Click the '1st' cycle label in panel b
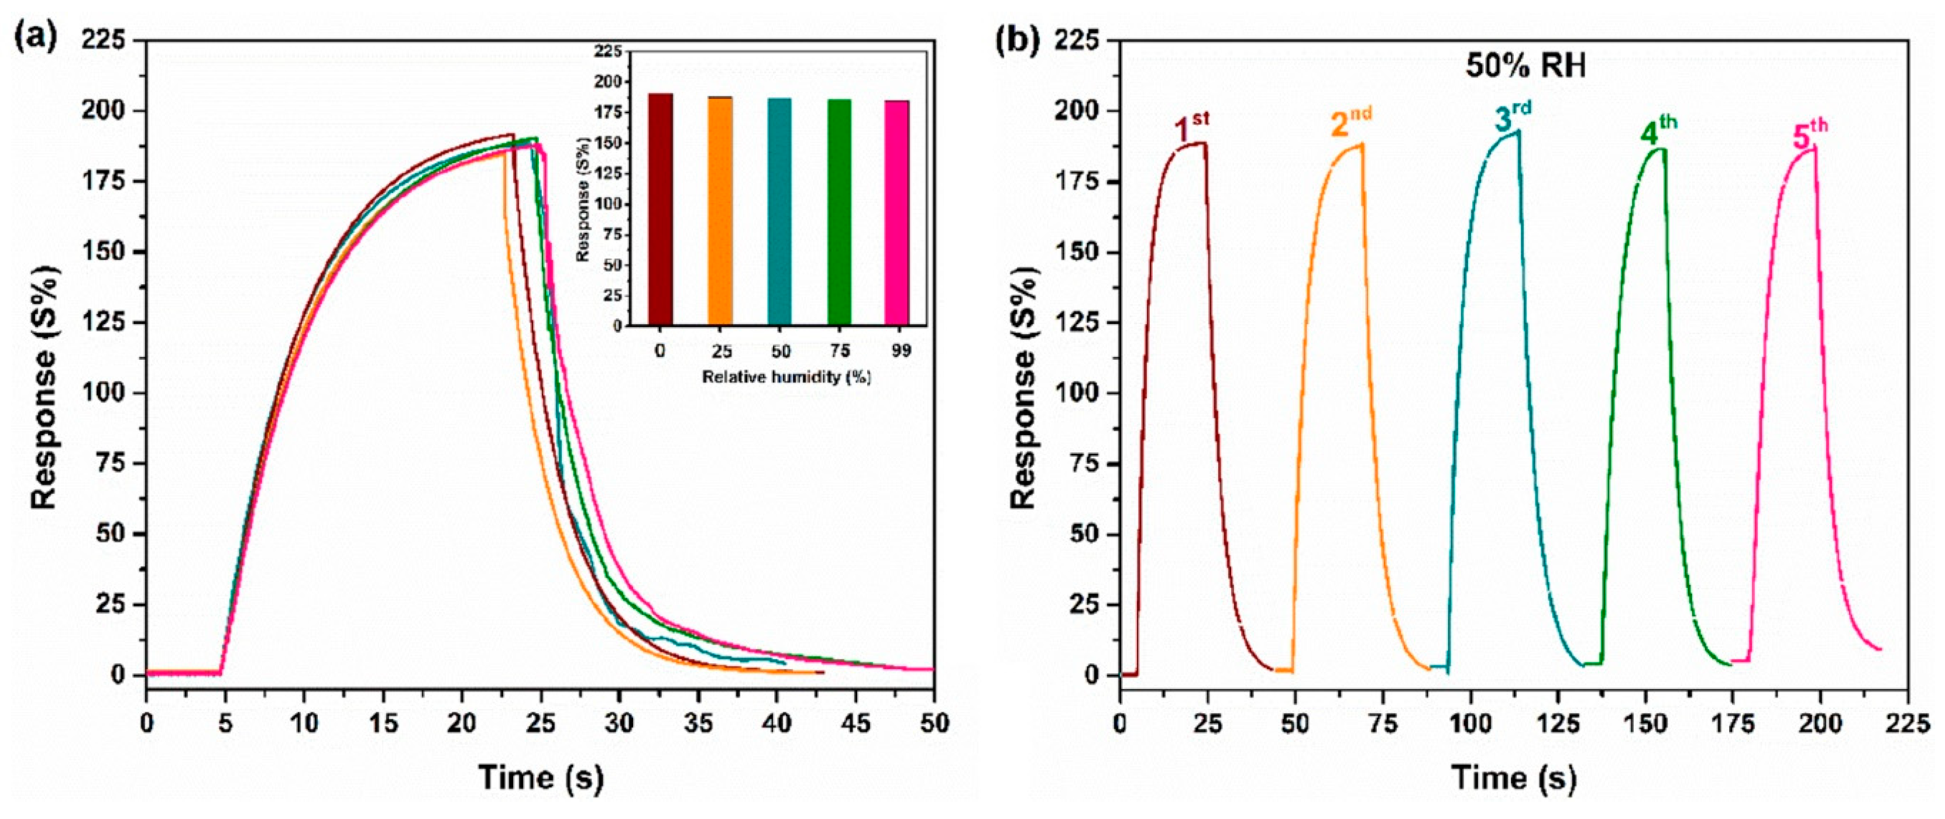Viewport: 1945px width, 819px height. tap(1191, 127)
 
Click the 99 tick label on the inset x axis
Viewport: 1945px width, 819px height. tap(900, 351)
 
